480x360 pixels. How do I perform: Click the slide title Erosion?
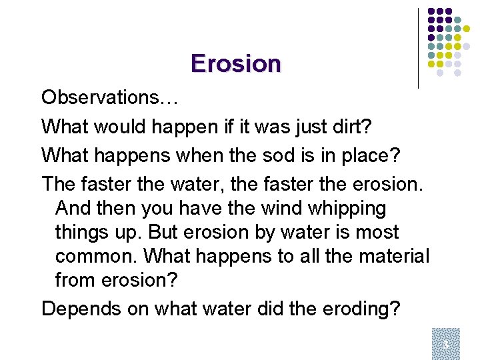pos(235,63)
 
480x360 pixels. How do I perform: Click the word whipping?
pos(347,209)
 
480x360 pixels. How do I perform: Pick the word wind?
pos(283,209)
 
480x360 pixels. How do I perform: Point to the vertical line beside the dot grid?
pos(418,48)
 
